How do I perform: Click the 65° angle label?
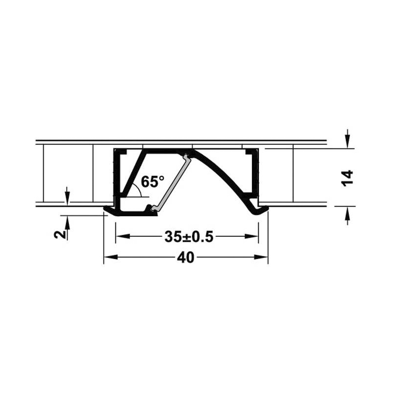tap(153, 181)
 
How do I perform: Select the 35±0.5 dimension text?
tap(189, 237)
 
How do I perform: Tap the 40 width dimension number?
tap(186, 257)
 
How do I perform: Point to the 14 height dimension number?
tap(347, 178)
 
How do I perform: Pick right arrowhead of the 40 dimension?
tap(261, 257)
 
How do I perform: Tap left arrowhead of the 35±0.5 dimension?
tap(123, 236)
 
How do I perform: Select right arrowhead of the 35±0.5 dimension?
tap(252, 236)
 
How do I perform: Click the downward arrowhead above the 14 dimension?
tap(347, 141)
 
